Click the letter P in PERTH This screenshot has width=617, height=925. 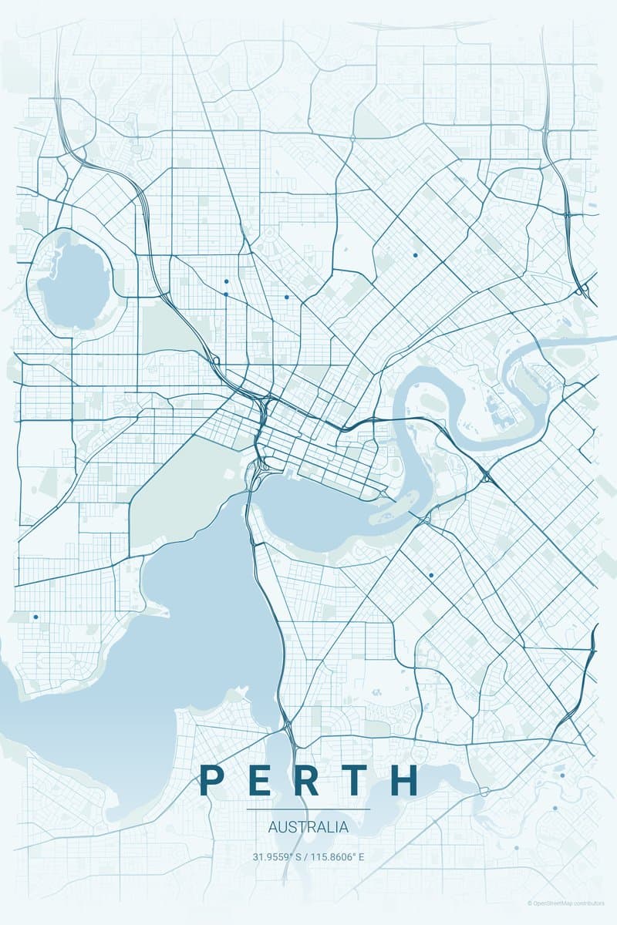tap(211, 780)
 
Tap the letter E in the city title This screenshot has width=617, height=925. tap(259, 780)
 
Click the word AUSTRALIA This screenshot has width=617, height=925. tap(308, 828)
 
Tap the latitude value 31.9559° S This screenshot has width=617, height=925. tap(277, 856)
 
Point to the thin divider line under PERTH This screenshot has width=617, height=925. tap(308, 809)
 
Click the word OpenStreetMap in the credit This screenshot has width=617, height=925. tap(558, 903)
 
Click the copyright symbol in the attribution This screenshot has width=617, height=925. tap(531, 903)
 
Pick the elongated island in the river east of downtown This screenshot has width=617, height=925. tap(393, 513)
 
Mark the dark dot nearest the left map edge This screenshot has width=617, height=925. tap(35, 617)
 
